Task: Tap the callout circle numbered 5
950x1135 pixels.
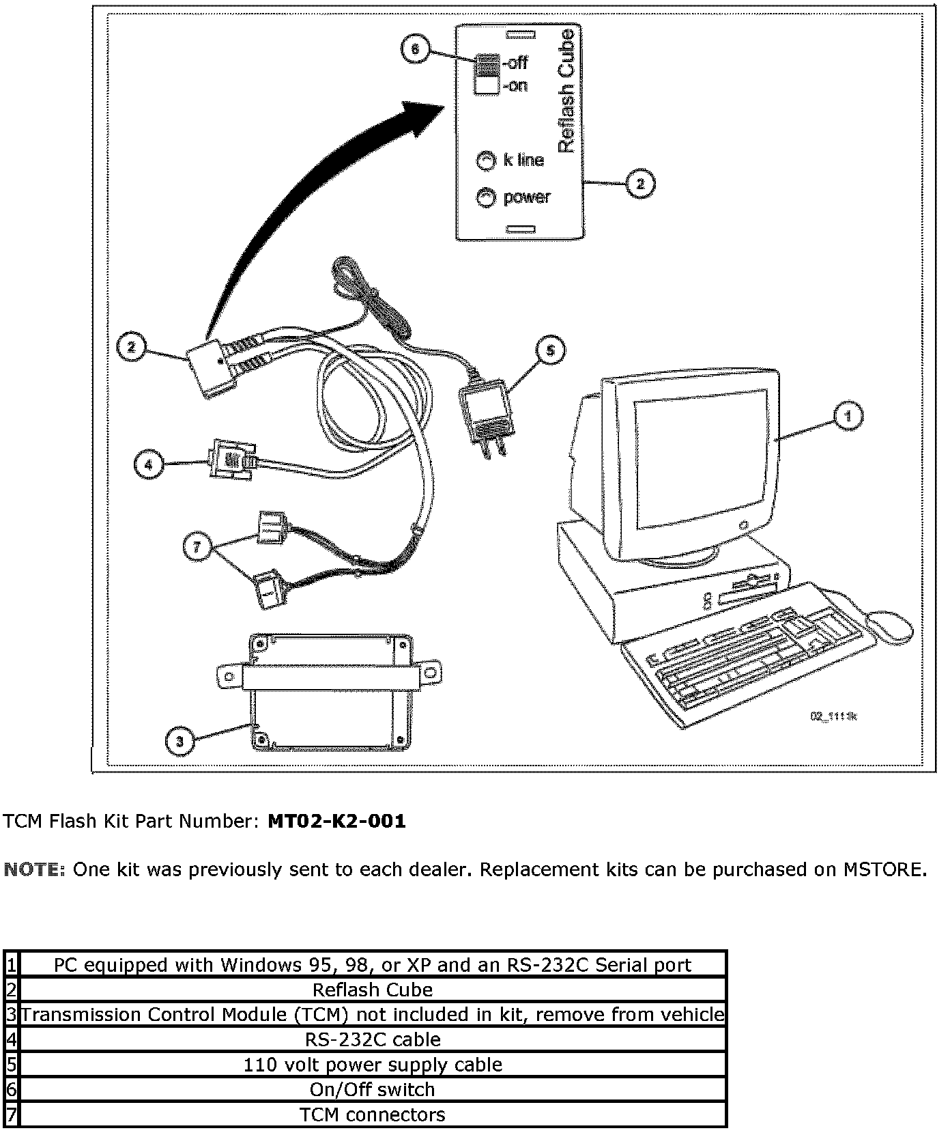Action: pyautogui.click(x=551, y=350)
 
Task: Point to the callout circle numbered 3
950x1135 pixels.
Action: pyautogui.click(x=179, y=742)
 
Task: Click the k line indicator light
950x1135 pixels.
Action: pyautogui.click(x=485, y=160)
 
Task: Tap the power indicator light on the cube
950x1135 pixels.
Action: pyautogui.click(x=485, y=197)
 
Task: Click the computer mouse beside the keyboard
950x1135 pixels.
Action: pyautogui.click(x=889, y=625)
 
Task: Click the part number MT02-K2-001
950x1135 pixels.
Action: pyautogui.click(x=336, y=822)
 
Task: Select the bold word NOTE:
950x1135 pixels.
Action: pyautogui.click(x=35, y=870)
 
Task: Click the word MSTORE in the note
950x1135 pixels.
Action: pyautogui.click(x=884, y=870)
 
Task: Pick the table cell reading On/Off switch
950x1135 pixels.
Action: pyautogui.click(x=373, y=1089)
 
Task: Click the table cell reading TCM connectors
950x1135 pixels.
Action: pyautogui.click(x=373, y=1115)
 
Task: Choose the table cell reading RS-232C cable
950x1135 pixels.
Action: pyautogui.click(x=373, y=1039)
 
